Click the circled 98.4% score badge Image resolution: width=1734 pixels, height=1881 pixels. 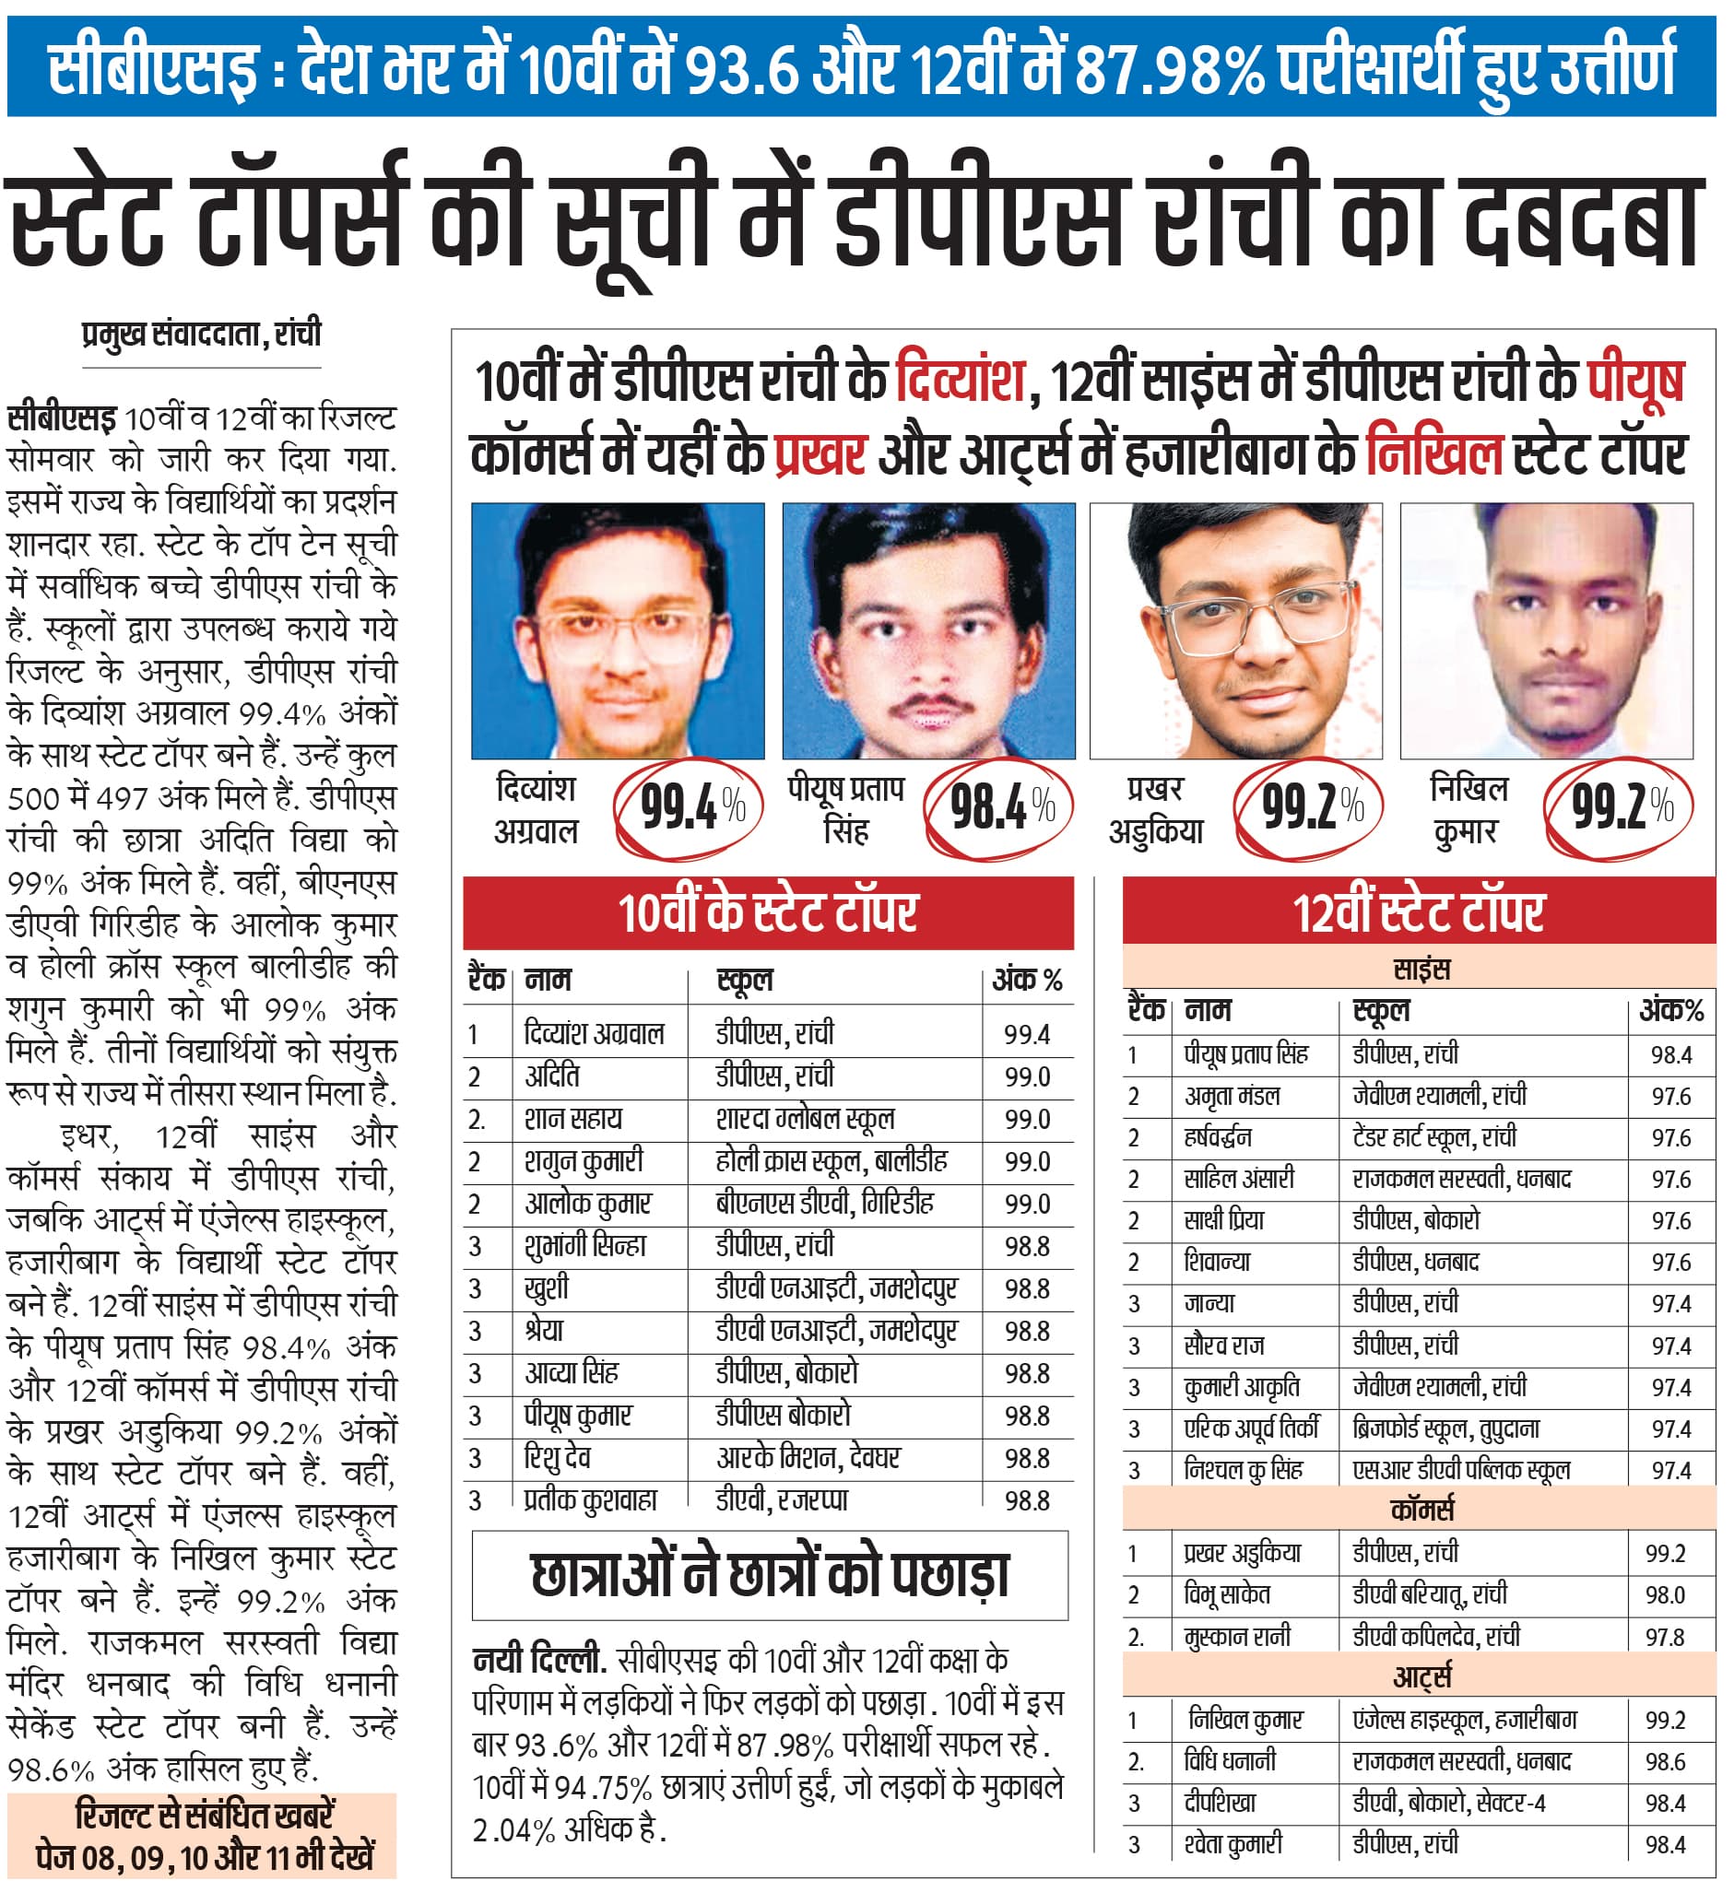[1000, 806]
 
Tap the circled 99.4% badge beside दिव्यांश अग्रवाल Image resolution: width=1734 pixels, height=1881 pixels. [690, 806]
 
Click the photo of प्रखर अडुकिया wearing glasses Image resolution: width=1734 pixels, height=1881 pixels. [1235, 630]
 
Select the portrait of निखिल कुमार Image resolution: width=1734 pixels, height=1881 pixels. [1545, 630]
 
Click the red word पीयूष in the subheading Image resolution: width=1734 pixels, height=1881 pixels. [1635, 381]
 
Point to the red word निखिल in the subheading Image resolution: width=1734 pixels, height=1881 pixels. [1434, 454]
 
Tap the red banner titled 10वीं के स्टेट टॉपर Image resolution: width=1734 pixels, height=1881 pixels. [768, 911]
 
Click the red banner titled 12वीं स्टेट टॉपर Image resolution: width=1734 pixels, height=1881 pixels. [1418, 911]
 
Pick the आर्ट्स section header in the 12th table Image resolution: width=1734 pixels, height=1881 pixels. [1421, 1676]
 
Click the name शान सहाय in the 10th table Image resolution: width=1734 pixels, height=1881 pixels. [572, 1119]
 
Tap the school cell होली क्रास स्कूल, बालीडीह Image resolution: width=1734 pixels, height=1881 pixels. [831, 1161]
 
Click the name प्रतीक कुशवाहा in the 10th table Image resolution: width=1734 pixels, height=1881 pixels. [590, 1500]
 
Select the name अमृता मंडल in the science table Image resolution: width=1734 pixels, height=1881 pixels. [1231, 1096]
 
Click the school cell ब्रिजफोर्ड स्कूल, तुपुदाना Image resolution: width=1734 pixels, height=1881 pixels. [1445, 1428]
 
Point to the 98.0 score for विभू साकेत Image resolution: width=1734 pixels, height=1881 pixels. [1665, 1595]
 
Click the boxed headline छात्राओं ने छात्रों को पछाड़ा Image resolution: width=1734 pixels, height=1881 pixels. [770, 1575]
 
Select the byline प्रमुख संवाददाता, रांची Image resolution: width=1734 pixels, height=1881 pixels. [201, 334]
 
